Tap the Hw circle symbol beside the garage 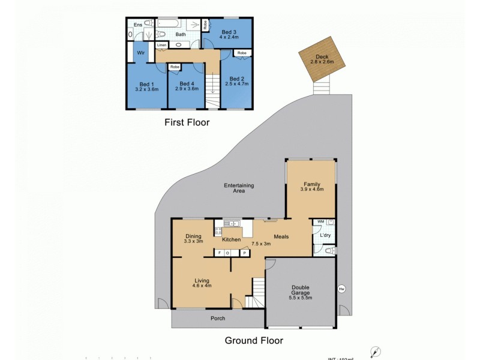click(341, 289)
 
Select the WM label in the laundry click(320, 221)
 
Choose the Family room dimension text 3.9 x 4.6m click(312, 189)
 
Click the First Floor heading click(187, 122)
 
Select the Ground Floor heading click(254, 340)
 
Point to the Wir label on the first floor click(141, 53)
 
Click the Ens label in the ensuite click(137, 25)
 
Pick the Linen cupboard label click(161, 46)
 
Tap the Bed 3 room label click(229, 31)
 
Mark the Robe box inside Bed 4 click(175, 67)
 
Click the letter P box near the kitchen click(244, 253)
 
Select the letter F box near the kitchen click(220, 253)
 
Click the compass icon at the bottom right click(376, 352)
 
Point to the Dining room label click(193, 236)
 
